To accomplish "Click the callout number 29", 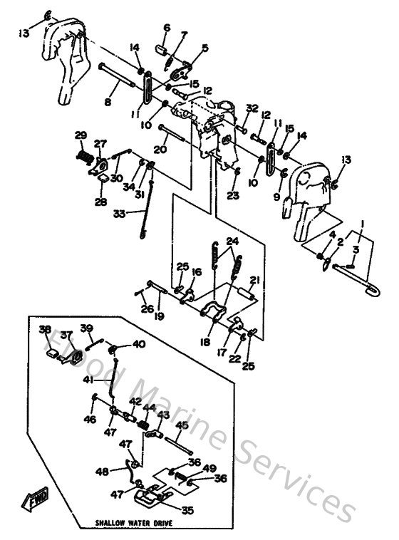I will point(81,135).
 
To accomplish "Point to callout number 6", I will point(167,28).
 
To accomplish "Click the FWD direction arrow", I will point(36,504).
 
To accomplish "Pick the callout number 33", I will point(119,212).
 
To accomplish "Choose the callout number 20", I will point(160,150).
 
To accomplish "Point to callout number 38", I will point(46,329).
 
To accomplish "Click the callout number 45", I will point(181,425).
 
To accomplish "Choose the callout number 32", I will point(252,108).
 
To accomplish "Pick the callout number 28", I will point(100,202).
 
